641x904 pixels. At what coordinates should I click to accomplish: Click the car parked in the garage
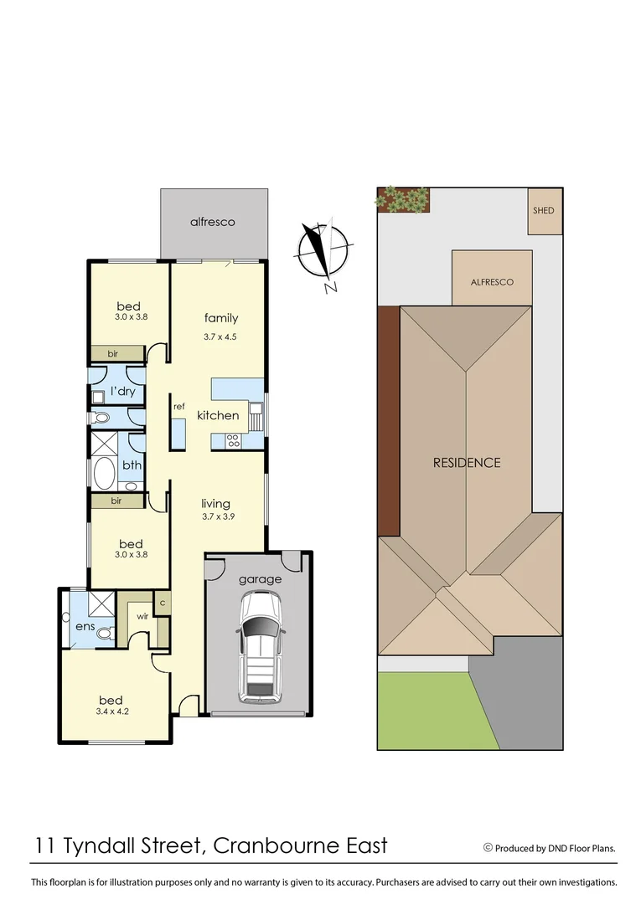(260, 646)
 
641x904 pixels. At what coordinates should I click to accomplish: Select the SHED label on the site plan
(544, 210)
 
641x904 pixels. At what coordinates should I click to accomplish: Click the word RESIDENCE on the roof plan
(466, 462)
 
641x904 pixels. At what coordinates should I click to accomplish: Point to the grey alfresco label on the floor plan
(212, 222)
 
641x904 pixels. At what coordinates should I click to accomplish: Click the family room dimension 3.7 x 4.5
(220, 337)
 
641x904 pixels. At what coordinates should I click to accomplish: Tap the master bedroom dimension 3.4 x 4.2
(111, 712)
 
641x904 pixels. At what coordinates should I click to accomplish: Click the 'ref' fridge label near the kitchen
(178, 407)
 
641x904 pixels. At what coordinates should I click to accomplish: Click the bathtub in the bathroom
(104, 473)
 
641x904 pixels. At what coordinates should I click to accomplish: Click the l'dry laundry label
(122, 391)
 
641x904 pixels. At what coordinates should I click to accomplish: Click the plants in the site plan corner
(404, 198)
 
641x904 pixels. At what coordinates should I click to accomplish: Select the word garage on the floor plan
(260, 578)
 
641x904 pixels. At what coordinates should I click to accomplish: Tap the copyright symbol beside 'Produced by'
(488, 848)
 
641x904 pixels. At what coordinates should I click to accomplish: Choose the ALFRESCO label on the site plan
(492, 282)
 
